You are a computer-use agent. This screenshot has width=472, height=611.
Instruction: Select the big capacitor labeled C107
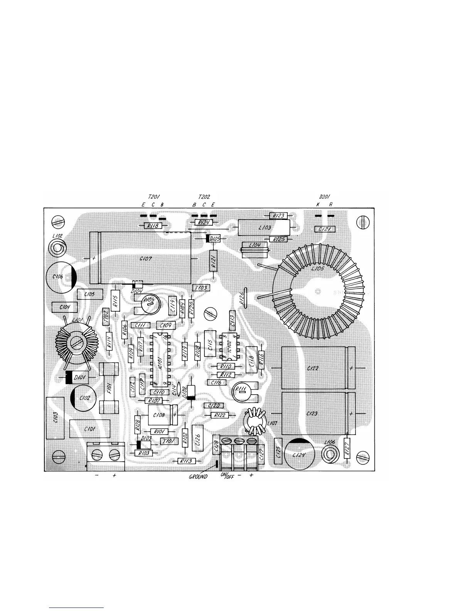tap(141, 258)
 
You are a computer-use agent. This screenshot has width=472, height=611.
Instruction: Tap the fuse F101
tap(109, 387)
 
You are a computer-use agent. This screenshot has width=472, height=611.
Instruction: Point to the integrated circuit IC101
tap(160, 360)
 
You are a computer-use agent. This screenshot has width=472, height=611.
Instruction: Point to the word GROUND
tap(198, 476)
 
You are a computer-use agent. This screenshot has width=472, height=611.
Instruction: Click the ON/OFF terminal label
tap(227, 476)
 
